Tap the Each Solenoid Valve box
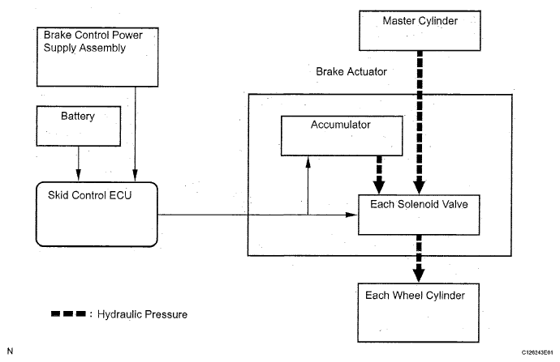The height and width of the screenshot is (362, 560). point(417,213)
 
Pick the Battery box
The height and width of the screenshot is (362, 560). point(77,127)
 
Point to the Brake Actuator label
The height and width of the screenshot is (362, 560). point(351,72)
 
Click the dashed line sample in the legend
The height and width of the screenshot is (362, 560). point(67,313)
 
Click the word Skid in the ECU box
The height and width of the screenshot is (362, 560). point(60,194)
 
